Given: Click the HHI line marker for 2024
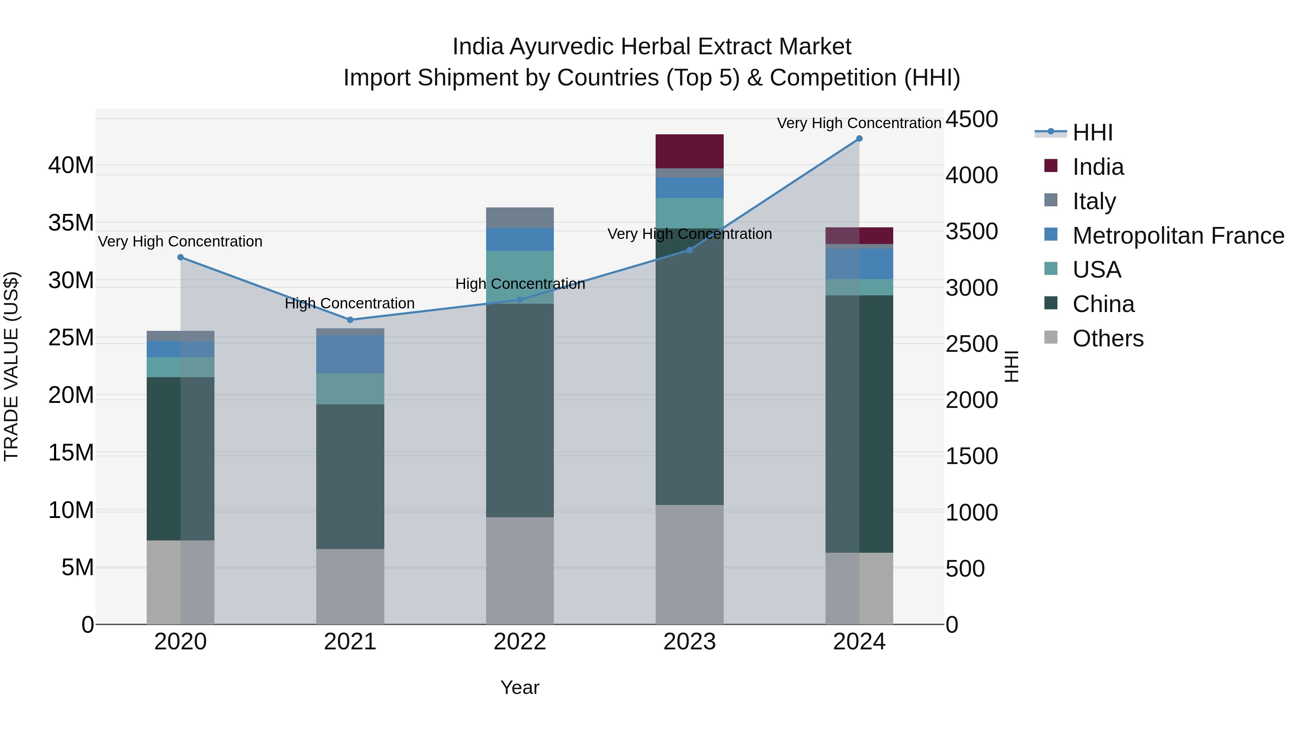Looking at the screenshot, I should click(x=859, y=139).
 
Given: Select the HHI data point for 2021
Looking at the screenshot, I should click(x=350, y=320).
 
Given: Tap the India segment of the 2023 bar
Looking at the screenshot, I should click(x=689, y=151).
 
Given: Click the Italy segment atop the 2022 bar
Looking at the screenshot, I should click(x=520, y=218).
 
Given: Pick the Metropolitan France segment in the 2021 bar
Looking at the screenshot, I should click(x=350, y=354).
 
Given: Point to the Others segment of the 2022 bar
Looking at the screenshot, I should click(x=520, y=570).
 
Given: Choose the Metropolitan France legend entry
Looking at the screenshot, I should click(x=1178, y=236).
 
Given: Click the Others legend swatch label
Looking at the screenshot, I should click(x=1108, y=338).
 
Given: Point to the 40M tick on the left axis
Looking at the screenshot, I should click(x=71, y=165).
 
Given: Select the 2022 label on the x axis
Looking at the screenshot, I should click(x=520, y=642).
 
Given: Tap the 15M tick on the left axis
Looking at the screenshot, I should click(x=71, y=453).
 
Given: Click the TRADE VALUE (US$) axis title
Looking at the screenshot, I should click(x=11, y=366).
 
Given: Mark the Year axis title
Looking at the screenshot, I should click(x=520, y=687).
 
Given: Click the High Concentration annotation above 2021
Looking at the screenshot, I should click(x=350, y=304).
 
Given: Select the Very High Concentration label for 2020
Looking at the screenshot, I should click(x=180, y=242).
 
